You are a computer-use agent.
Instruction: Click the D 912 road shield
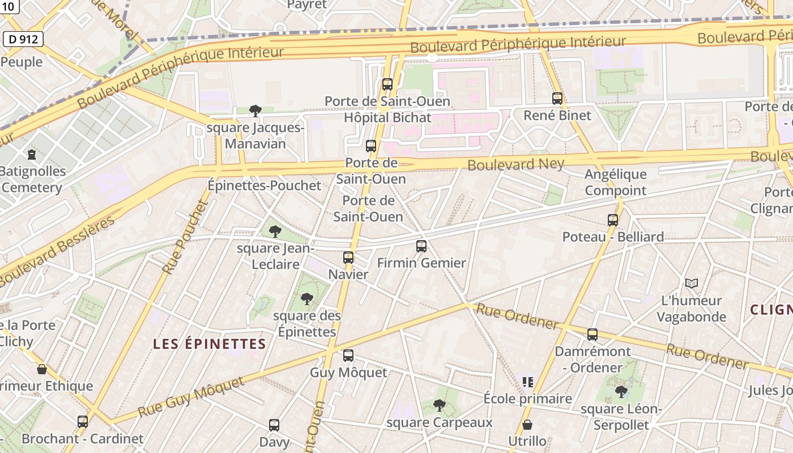[23, 39]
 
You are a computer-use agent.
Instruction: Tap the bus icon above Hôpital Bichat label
[387, 84]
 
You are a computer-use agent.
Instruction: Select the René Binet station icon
[557, 99]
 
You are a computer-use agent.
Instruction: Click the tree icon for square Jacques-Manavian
[255, 110]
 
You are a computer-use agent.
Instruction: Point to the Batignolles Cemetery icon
[32, 154]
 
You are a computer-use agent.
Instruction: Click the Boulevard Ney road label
[516, 165]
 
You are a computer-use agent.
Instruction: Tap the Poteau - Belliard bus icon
[613, 220]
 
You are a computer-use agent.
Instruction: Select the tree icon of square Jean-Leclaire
[275, 231]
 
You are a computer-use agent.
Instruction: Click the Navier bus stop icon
[348, 258]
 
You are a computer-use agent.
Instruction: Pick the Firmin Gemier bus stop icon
[421, 246]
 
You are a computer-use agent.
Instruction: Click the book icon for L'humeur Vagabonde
[691, 283]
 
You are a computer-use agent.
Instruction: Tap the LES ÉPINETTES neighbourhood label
[210, 344]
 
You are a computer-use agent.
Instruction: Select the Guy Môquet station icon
[348, 356]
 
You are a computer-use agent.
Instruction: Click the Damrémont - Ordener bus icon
[592, 335]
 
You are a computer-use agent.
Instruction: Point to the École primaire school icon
[528, 382]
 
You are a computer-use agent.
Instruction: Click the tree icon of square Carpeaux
[439, 405]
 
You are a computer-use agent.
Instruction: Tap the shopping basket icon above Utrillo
[527, 424]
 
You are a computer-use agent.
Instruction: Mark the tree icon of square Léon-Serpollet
[621, 391]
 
